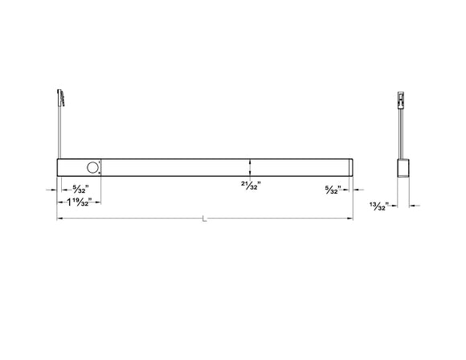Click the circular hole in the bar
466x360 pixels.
coord(92,168)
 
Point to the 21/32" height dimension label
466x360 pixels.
coord(251,186)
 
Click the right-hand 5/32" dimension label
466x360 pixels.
coord(333,190)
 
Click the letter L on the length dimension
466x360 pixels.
coord(205,219)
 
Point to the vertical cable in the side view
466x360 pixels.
coord(402,133)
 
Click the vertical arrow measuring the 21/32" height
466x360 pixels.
coord(251,168)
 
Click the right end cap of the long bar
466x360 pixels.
coord(351,168)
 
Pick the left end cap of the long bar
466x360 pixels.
coord(59,168)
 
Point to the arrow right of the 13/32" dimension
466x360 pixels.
coord(416,207)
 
